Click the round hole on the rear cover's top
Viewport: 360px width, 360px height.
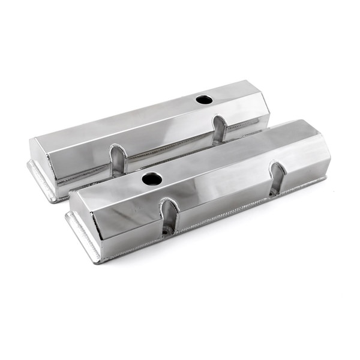click(204, 99)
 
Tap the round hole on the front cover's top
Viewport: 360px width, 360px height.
click(151, 178)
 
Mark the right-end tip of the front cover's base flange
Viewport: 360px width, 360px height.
click(326, 178)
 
